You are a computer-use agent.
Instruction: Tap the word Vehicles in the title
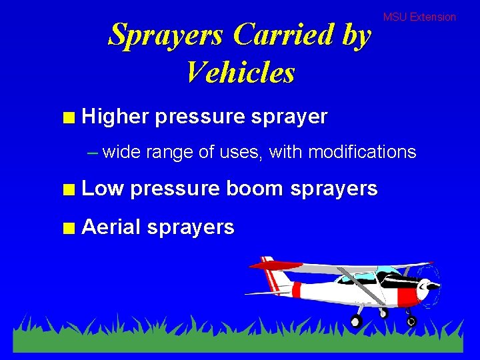[x=240, y=72]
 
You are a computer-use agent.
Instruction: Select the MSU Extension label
[x=419, y=17]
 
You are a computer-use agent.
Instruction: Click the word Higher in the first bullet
[x=115, y=117]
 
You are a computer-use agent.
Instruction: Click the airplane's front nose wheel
[x=411, y=321]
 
